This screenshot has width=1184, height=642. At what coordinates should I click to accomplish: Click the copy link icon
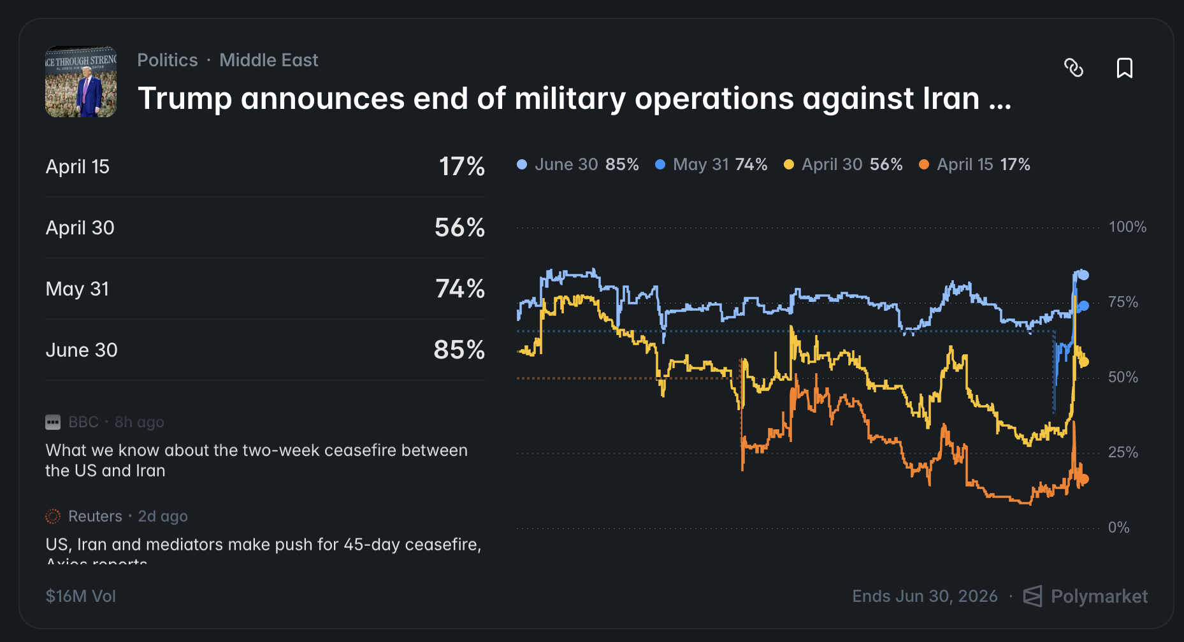(x=1074, y=68)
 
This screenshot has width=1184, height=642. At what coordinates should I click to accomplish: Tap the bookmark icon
(x=1125, y=68)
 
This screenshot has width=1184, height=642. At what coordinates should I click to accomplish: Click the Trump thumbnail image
(x=81, y=82)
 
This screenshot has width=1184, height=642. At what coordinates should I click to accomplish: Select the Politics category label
(x=168, y=60)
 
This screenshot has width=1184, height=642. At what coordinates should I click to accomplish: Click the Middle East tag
(x=268, y=60)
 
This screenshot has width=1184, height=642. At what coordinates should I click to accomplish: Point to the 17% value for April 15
(x=461, y=166)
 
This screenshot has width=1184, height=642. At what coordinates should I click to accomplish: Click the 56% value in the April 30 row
(x=459, y=227)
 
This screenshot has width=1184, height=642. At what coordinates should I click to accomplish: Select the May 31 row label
(x=77, y=289)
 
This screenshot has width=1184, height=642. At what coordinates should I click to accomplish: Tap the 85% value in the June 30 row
(x=459, y=350)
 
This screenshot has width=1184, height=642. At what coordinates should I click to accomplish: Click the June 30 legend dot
(x=522, y=164)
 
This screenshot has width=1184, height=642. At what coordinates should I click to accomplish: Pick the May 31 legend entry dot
(x=660, y=164)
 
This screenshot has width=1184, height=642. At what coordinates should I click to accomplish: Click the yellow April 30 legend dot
(x=789, y=164)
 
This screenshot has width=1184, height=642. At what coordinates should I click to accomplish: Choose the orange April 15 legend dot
(x=924, y=164)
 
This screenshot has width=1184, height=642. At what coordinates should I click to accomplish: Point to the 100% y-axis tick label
(x=1127, y=227)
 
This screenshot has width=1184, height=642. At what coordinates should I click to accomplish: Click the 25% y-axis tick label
(x=1123, y=452)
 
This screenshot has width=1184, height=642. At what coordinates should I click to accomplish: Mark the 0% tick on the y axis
(x=1118, y=527)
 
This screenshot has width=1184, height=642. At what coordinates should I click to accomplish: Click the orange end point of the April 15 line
(x=1084, y=479)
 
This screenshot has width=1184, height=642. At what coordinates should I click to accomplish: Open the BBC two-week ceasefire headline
(x=256, y=460)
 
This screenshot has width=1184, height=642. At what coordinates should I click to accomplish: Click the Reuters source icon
(x=53, y=516)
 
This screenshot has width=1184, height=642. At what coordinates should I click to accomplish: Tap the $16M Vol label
(x=81, y=596)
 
